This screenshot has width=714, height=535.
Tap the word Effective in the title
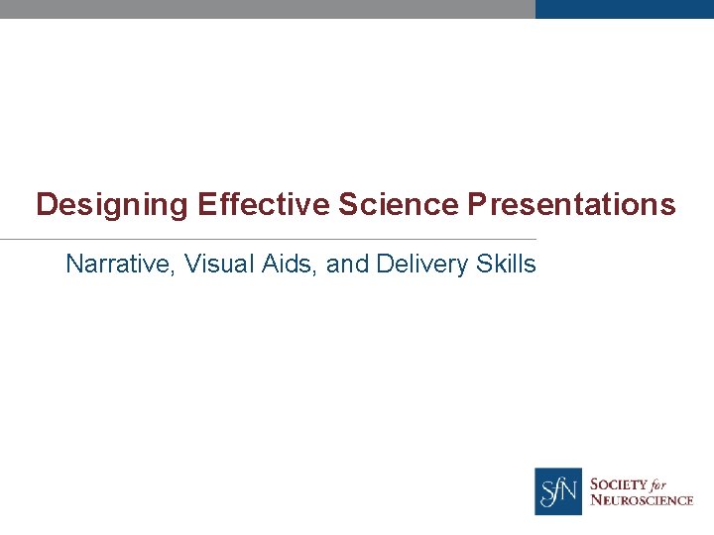point(263,205)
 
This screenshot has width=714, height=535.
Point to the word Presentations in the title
point(571,205)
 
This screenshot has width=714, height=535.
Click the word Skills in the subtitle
point(505,265)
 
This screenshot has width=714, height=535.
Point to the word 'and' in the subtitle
point(346,265)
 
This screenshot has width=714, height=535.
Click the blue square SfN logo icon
point(558,491)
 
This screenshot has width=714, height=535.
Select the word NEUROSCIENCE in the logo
point(642,500)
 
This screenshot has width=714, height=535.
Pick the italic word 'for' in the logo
point(660,484)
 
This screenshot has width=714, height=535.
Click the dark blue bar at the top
point(624,9)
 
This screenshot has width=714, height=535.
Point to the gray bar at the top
point(268,9)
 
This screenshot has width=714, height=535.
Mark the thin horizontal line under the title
point(268,239)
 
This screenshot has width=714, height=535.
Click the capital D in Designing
point(46,205)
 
